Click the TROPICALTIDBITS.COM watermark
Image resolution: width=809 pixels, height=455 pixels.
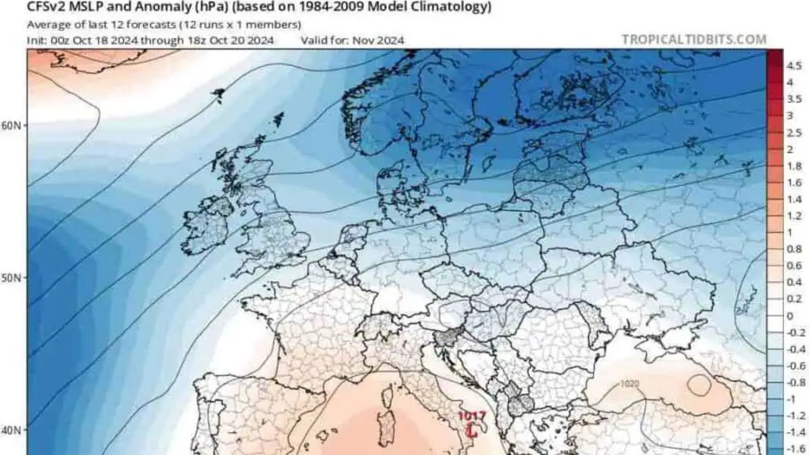694,39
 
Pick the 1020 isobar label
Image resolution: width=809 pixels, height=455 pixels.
629,384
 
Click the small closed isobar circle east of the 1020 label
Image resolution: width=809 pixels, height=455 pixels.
699,386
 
